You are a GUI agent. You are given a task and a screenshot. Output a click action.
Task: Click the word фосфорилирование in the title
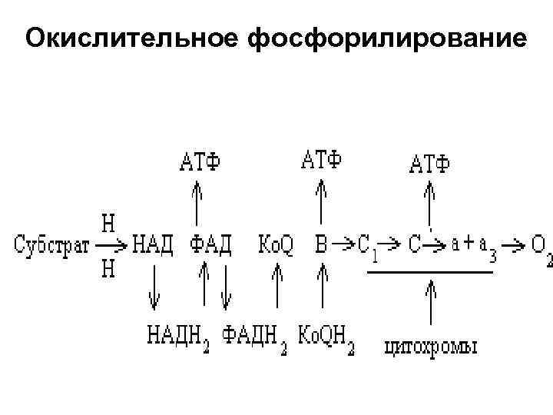(388, 38)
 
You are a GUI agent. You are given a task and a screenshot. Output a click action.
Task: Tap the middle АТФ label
(322, 161)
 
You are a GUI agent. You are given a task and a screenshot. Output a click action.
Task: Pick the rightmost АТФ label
(430, 164)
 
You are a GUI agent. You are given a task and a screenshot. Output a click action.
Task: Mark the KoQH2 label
(326, 336)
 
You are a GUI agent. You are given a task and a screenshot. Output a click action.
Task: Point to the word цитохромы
(430, 347)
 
